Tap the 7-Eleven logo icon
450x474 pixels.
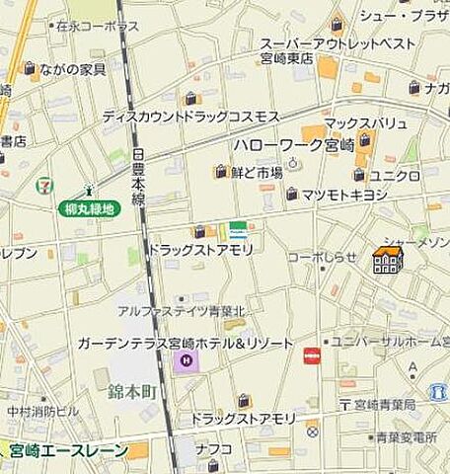tap(43, 185)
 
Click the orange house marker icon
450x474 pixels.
tap(387, 260)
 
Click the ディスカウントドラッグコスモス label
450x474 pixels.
tap(190, 117)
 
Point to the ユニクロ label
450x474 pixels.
tap(400, 176)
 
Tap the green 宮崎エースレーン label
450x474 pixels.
tap(69, 451)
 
